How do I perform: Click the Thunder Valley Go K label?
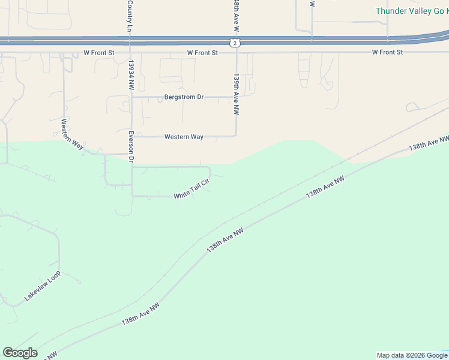[x=412, y=11]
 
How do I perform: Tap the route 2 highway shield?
[x=235, y=42]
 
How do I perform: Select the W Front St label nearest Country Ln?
[x=99, y=53]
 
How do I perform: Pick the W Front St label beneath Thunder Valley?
[x=387, y=53]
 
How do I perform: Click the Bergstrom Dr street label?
[x=184, y=97]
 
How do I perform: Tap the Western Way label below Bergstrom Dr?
[x=184, y=137]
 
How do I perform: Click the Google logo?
[x=20, y=353]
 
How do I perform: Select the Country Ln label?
[x=130, y=16]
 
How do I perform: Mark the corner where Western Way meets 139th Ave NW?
[x=237, y=136]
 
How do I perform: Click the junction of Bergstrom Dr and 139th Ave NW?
[x=237, y=97]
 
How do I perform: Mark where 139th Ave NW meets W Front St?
[x=237, y=53]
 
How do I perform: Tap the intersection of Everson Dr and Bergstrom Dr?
[x=132, y=97]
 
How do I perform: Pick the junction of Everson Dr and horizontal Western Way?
[x=132, y=137]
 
